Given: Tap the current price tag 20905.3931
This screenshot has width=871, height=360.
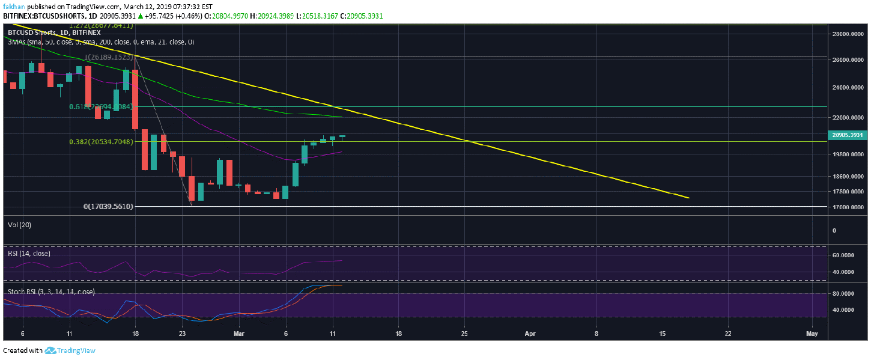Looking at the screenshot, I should click(848, 136).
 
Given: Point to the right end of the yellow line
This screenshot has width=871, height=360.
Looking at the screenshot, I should click(689, 198).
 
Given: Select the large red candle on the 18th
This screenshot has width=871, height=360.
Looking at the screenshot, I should click(135, 100).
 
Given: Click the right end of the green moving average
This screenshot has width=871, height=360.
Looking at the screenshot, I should click(341, 117).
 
